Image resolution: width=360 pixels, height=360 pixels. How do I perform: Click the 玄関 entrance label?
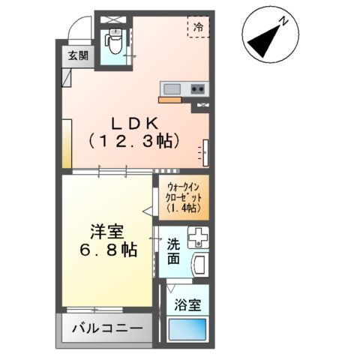(x=73, y=55)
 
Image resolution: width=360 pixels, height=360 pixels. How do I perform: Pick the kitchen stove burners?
(x=198, y=88)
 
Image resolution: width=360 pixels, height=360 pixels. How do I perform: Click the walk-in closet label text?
(x=182, y=191)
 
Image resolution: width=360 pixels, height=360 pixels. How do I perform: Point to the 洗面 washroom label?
(x=173, y=250)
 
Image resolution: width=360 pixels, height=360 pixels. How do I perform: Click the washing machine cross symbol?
(x=198, y=238)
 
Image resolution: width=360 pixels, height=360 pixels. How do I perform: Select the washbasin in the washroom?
(x=201, y=265)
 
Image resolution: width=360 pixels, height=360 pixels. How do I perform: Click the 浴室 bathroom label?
(x=187, y=306)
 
